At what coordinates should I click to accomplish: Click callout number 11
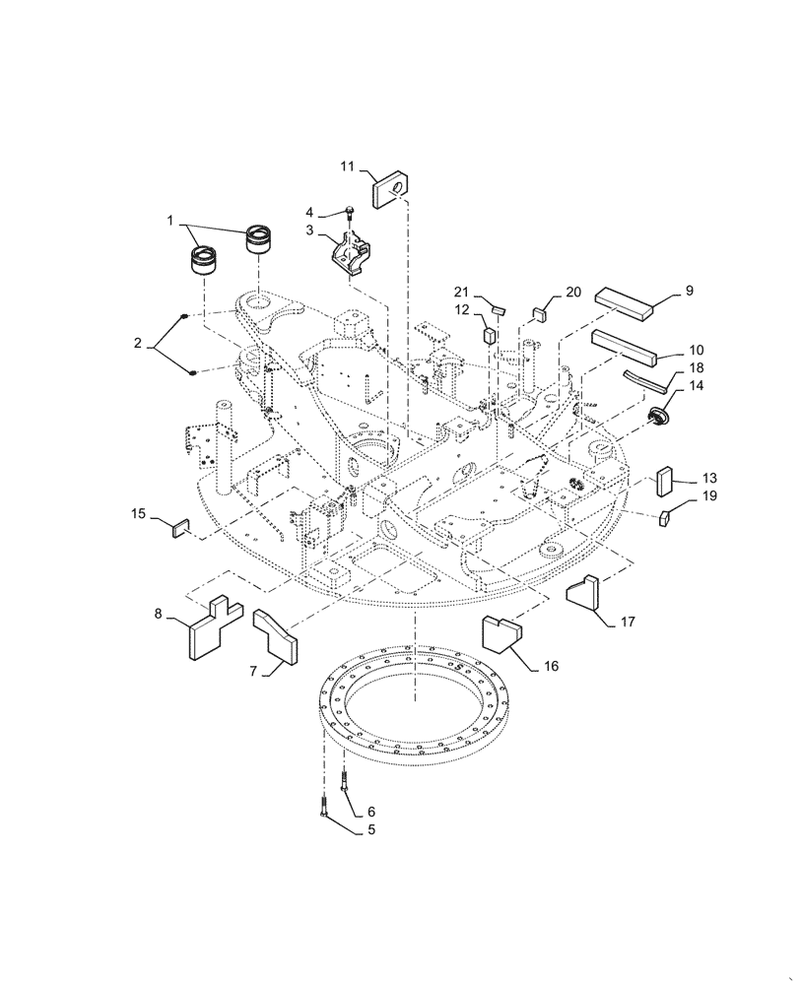(x=347, y=166)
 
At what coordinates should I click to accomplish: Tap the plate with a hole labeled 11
(x=390, y=187)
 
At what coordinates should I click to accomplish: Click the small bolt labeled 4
(x=351, y=210)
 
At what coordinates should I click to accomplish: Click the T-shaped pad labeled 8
(x=212, y=629)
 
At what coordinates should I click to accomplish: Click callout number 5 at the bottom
(x=370, y=830)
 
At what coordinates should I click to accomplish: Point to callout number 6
(x=371, y=812)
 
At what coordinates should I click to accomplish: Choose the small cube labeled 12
(x=488, y=334)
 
